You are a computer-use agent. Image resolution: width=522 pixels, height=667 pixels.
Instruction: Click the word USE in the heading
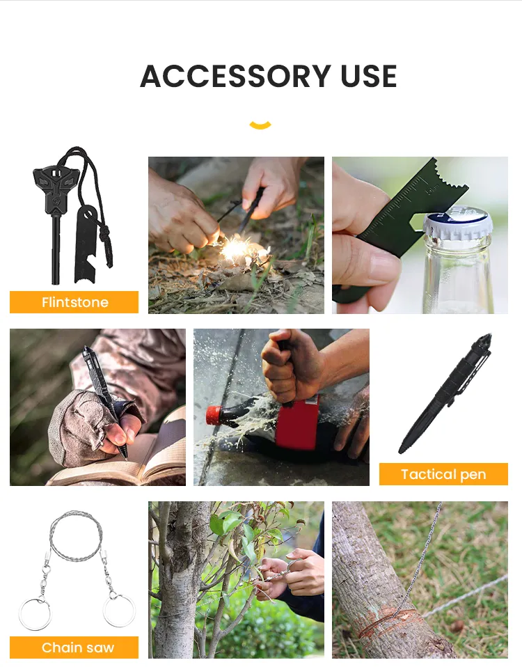369,77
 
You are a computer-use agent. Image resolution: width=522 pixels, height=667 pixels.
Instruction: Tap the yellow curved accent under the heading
260,125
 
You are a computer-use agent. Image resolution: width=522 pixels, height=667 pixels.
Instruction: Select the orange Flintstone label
74,302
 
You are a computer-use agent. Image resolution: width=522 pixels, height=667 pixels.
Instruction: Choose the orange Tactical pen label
443,474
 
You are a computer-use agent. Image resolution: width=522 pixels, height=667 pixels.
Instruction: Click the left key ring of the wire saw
35,613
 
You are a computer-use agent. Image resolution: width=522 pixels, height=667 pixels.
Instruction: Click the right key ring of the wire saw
118,611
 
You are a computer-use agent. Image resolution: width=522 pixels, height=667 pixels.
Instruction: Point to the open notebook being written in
139,460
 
